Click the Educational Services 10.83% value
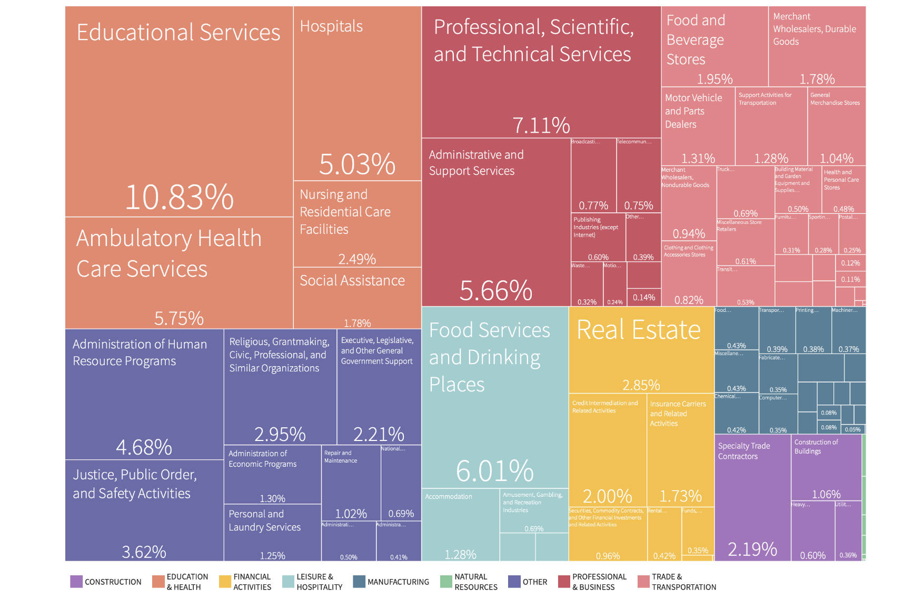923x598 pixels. tap(179, 198)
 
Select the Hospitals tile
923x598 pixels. tap(357, 95)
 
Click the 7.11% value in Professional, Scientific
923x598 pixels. tap(541, 125)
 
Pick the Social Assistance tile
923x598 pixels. tap(357, 298)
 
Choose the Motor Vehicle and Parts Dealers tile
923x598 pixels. tap(698, 126)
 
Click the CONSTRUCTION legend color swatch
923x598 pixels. tap(76, 582)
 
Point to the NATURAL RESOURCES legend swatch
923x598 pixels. tap(446, 582)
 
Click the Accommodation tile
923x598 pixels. tap(460, 524)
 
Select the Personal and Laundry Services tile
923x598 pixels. tap(272, 532)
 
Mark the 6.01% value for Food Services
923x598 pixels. tap(494, 470)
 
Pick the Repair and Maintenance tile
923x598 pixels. tap(351, 482)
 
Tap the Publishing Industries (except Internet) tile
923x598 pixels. tap(598, 237)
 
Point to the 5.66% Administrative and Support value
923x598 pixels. tap(495, 290)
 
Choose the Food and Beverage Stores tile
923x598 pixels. tap(714, 46)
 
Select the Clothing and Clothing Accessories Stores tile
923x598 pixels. tap(689, 271)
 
